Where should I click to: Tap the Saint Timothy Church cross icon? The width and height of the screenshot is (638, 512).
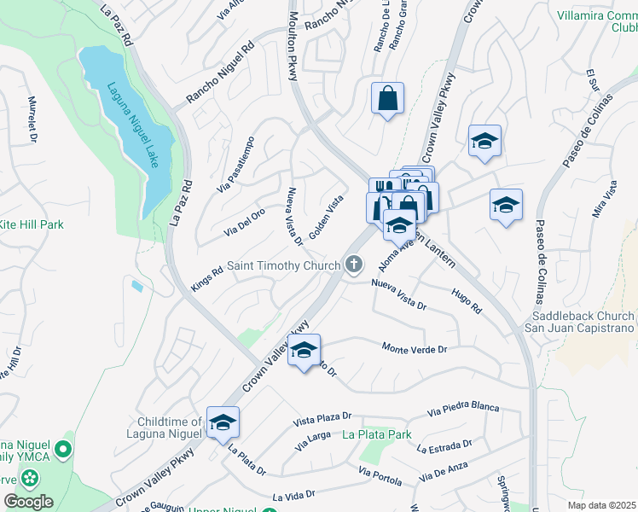354,265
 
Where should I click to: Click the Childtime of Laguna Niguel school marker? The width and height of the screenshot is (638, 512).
223,423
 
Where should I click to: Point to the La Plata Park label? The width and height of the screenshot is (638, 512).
377,434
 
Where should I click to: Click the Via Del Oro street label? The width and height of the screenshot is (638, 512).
245,222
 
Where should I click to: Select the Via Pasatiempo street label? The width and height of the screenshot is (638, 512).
236,164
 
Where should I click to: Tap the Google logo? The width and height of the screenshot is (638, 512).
28,502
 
